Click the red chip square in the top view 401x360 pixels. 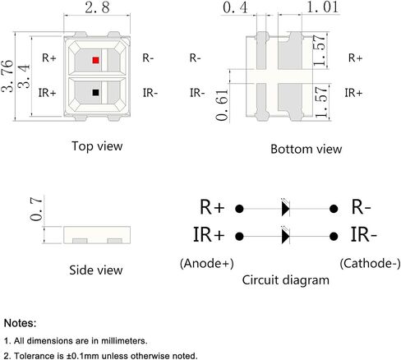(95, 60)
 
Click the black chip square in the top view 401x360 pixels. (95, 93)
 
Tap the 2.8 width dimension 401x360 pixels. (97, 7)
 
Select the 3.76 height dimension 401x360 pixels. (7, 76)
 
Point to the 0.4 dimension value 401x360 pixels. (235, 7)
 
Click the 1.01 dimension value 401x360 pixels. (322, 7)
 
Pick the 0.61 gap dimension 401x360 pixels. (222, 105)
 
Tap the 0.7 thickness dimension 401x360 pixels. (36, 209)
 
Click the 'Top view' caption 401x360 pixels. (97, 146)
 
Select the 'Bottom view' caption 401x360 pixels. (307, 150)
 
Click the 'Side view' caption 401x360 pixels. (96, 270)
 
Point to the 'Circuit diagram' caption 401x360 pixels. (286, 280)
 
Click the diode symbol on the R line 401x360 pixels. (285, 209)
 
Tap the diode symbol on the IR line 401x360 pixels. (285, 236)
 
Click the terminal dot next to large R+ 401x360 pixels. (239, 209)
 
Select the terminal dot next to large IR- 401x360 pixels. (334, 236)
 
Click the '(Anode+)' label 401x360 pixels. (207, 264)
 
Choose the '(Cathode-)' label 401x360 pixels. (370, 264)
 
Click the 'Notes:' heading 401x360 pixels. (20, 323)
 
